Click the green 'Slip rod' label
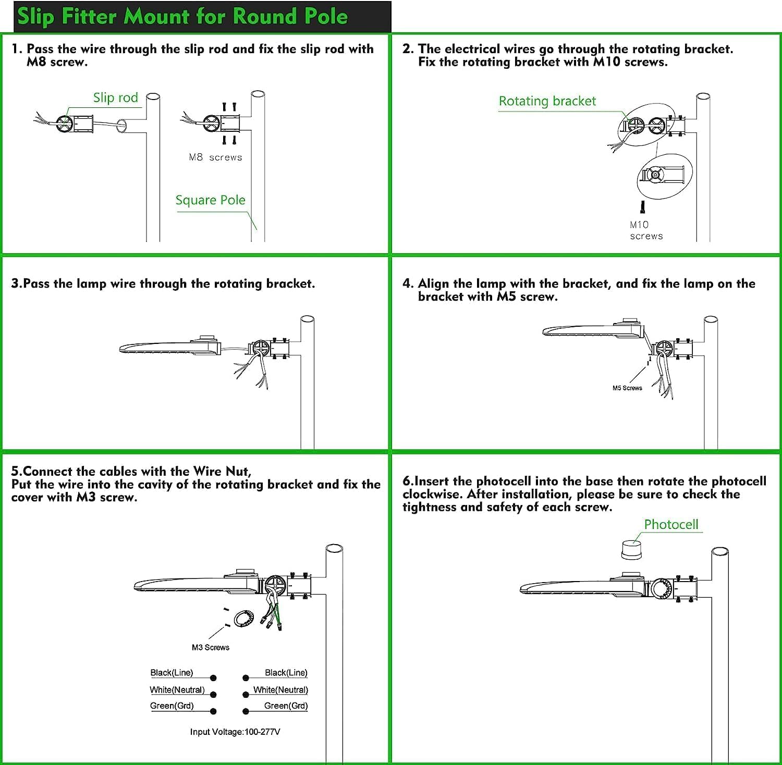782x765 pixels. pos(115,98)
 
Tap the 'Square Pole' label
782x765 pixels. pos(210,200)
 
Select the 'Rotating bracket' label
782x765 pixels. pos(547,101)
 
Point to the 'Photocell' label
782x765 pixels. pos(671,524)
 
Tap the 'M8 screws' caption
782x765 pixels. pos(215,157)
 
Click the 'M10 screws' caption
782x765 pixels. pos(645,230)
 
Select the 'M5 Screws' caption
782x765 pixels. pos(627,388)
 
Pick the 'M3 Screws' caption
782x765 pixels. pos(211,647)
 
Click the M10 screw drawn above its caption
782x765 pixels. pos(643,207)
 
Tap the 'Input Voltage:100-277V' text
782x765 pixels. pos(235,732)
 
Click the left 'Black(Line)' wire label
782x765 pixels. pos(172,673)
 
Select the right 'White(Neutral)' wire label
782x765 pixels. pos(280,690)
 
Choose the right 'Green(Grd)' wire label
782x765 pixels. pos(286,706)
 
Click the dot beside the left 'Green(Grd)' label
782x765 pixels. pos(213,711)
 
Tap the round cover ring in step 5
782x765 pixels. pos(243,618)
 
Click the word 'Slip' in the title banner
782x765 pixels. pos(36,17)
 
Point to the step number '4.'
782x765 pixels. pos(408,283)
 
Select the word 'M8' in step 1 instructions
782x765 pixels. pos(36,62)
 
